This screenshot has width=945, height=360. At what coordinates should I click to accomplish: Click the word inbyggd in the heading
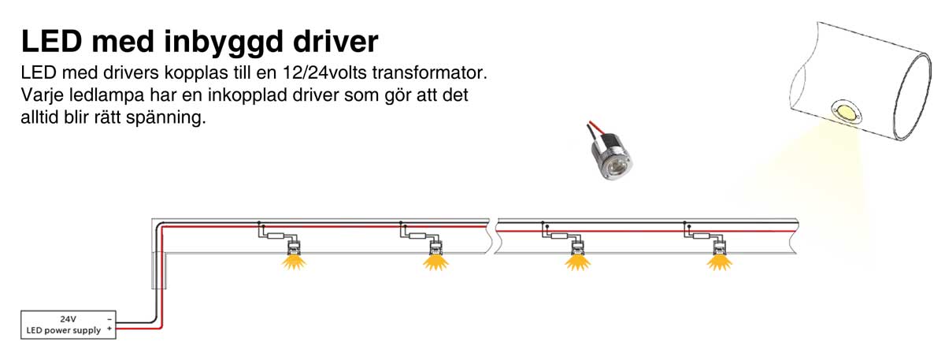point(220,41)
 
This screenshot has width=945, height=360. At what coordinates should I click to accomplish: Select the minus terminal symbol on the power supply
point(109,319)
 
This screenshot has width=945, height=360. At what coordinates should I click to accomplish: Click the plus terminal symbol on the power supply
point(109,330)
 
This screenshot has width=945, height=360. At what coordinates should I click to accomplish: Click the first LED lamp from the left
point(294,256)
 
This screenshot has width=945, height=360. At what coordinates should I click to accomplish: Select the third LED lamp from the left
point(577,256)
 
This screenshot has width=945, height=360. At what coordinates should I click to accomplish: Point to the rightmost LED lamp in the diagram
point(717,256)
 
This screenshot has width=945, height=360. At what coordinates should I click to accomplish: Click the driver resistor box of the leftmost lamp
point(275,235)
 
